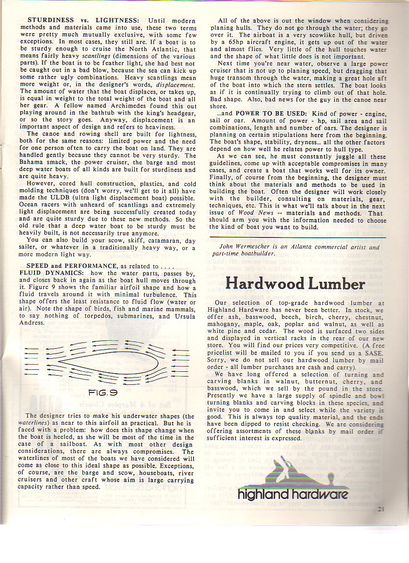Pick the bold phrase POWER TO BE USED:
tap(262, 114)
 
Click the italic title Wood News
tap(253, 212)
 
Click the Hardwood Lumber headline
tap(295, 283)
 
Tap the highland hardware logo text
tap(293, 495)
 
